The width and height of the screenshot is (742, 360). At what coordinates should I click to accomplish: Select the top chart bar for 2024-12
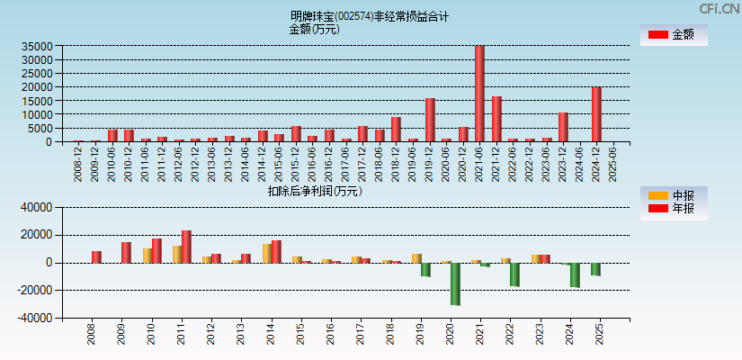point(596,114)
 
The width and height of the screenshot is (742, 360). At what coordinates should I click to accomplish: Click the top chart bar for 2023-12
point(563,127)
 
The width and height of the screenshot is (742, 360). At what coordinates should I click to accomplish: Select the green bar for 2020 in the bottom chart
point(456,283)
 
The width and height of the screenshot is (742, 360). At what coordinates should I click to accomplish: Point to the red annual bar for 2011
point(186,247)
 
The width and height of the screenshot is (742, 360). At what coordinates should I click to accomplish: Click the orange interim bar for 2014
point(266,253)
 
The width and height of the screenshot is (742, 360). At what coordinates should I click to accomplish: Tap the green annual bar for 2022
point(515,274)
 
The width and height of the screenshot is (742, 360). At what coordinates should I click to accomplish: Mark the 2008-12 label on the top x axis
point(79,163)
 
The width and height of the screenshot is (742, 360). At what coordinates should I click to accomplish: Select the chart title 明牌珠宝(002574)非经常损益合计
point(370,16)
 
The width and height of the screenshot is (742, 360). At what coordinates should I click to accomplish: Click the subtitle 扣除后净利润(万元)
point(314,191)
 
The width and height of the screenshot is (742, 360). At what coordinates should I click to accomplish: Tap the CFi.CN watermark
point(719,8)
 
